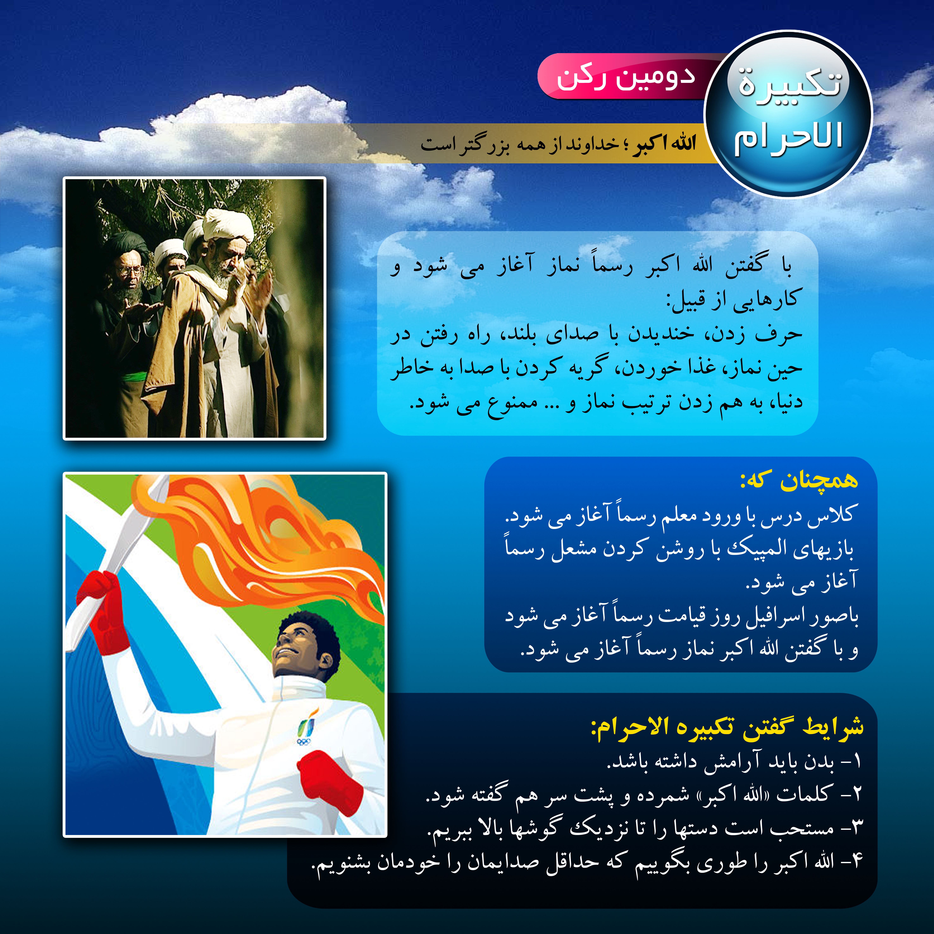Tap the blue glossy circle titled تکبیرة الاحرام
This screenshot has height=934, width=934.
click(788, 114)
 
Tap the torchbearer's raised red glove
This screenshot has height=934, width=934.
click(102, 610)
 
